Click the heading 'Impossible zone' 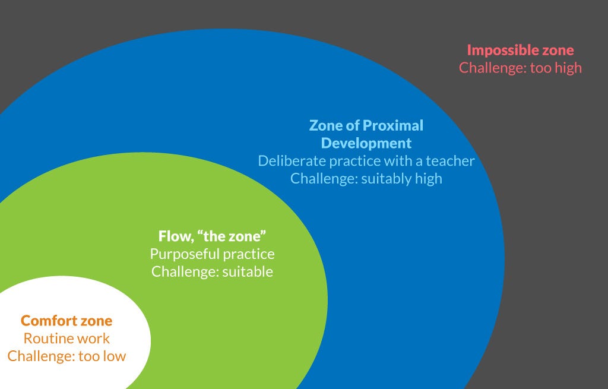520,50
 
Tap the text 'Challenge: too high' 520,67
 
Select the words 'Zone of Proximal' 366,125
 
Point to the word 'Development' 366,143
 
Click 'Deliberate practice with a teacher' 366,160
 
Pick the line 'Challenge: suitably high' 366,178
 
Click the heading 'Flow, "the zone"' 212,236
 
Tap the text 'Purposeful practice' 212,254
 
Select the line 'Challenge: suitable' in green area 212,271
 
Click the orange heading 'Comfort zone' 66,321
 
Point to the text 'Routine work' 66,339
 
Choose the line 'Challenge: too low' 66,356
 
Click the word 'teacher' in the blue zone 450,160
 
